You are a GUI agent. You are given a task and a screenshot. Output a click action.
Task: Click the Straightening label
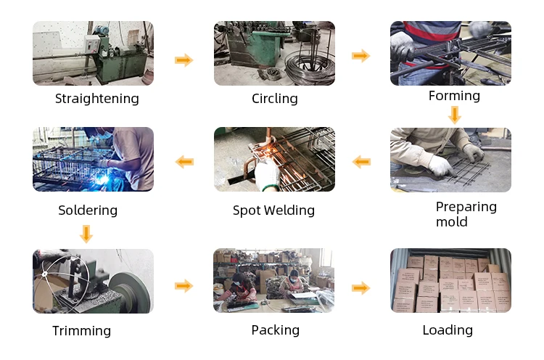click(x=96, y=99)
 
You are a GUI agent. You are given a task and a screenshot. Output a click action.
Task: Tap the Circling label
click(x=275, y=99)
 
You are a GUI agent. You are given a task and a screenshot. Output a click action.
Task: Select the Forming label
click(x=454, y=96)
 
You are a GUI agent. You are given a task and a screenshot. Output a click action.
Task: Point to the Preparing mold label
click(x=466, y=214)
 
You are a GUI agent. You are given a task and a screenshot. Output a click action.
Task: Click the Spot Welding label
click(x=273, y=210)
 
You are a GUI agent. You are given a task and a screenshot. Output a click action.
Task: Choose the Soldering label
click(x=88, y=210)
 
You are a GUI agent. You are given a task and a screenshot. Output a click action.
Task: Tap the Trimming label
click(x=81, y=331)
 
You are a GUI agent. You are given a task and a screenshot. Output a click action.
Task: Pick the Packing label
click(x=275, y=330)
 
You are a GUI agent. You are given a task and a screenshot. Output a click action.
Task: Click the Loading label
click(x=448, y=330)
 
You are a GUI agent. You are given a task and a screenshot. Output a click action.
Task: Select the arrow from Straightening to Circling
click(x=184, y=60)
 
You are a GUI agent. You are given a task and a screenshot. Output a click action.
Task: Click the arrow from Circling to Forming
click(x=361, y=56)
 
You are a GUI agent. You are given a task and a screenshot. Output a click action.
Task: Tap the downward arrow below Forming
click(x=455, y=115)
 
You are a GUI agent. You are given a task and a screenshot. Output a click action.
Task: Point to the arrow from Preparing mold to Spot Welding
click(x=361, y=161)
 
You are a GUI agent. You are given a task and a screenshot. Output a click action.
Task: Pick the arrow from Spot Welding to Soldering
click(x=184, y=161)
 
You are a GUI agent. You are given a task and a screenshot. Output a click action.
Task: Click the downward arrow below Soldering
click(x=86, y=234)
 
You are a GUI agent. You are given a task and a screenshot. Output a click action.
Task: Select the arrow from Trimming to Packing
click(x=184, y=286)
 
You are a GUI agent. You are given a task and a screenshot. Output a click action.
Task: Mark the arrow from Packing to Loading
click(x=361, y=288)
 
